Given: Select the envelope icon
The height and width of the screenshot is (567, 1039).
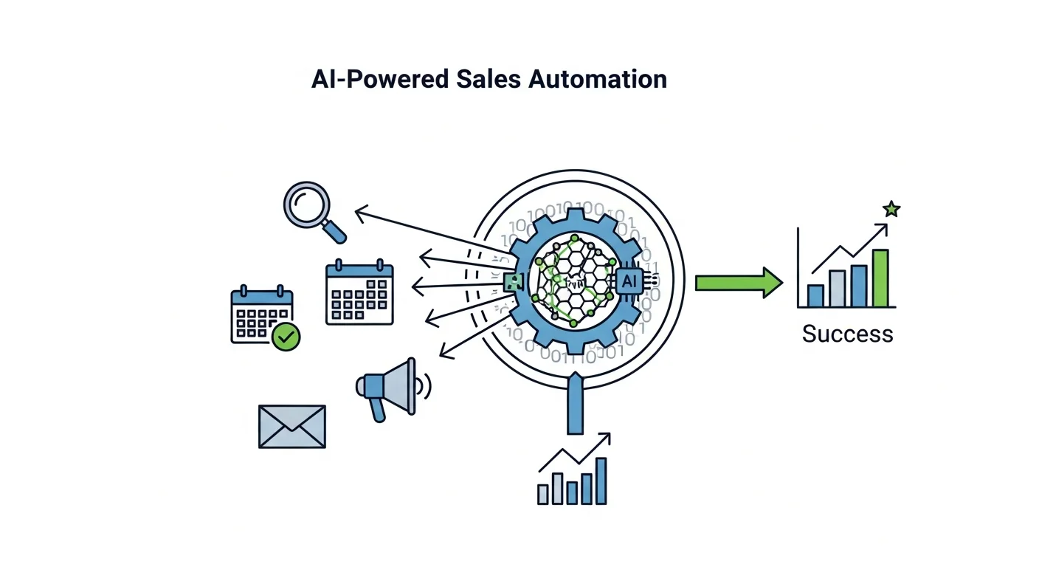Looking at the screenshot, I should [x=291, y=427].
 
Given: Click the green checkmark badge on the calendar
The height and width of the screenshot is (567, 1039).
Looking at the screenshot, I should [x=286, y=337].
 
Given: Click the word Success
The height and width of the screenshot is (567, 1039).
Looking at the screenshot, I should [x=847, y=334].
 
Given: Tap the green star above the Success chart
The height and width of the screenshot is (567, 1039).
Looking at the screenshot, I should [x=891, y=210].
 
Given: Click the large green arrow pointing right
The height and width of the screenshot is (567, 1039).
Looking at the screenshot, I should [x=738, y=283].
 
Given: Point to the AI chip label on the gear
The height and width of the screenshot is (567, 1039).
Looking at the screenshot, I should [x=629, y=281].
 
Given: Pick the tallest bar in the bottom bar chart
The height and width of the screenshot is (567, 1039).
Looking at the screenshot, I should [x=601, y=481].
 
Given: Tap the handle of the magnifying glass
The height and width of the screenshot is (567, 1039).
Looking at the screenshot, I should [x=333, y=231].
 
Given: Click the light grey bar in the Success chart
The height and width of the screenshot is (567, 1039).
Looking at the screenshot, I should [x=837, y=288].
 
